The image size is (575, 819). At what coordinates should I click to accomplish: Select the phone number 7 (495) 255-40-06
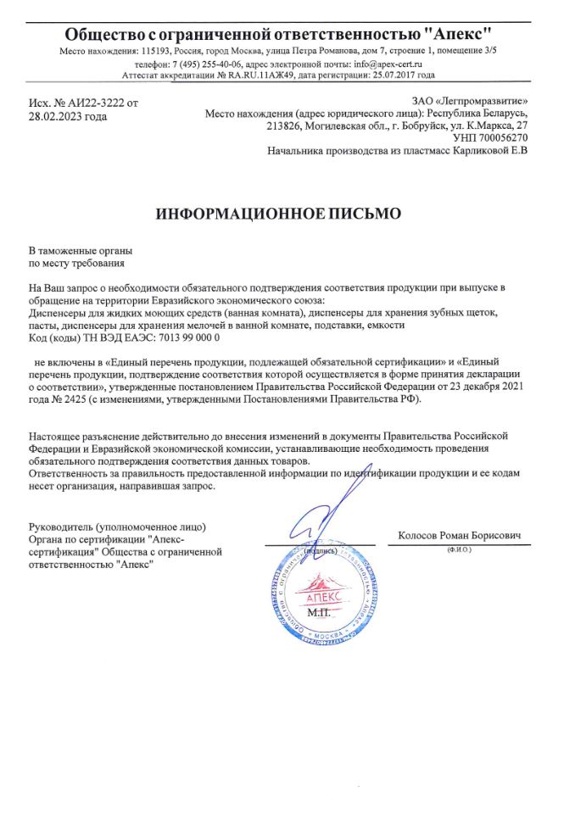pos(209,64)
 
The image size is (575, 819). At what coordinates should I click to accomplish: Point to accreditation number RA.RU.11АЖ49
pos(263,75)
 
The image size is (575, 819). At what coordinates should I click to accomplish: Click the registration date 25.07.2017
pos(405,75)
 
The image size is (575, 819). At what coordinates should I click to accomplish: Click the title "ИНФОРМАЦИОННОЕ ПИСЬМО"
pos(278,213)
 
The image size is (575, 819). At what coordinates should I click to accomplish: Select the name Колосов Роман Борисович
pos(459,536)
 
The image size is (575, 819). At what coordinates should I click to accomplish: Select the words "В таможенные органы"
pos(81,252)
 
